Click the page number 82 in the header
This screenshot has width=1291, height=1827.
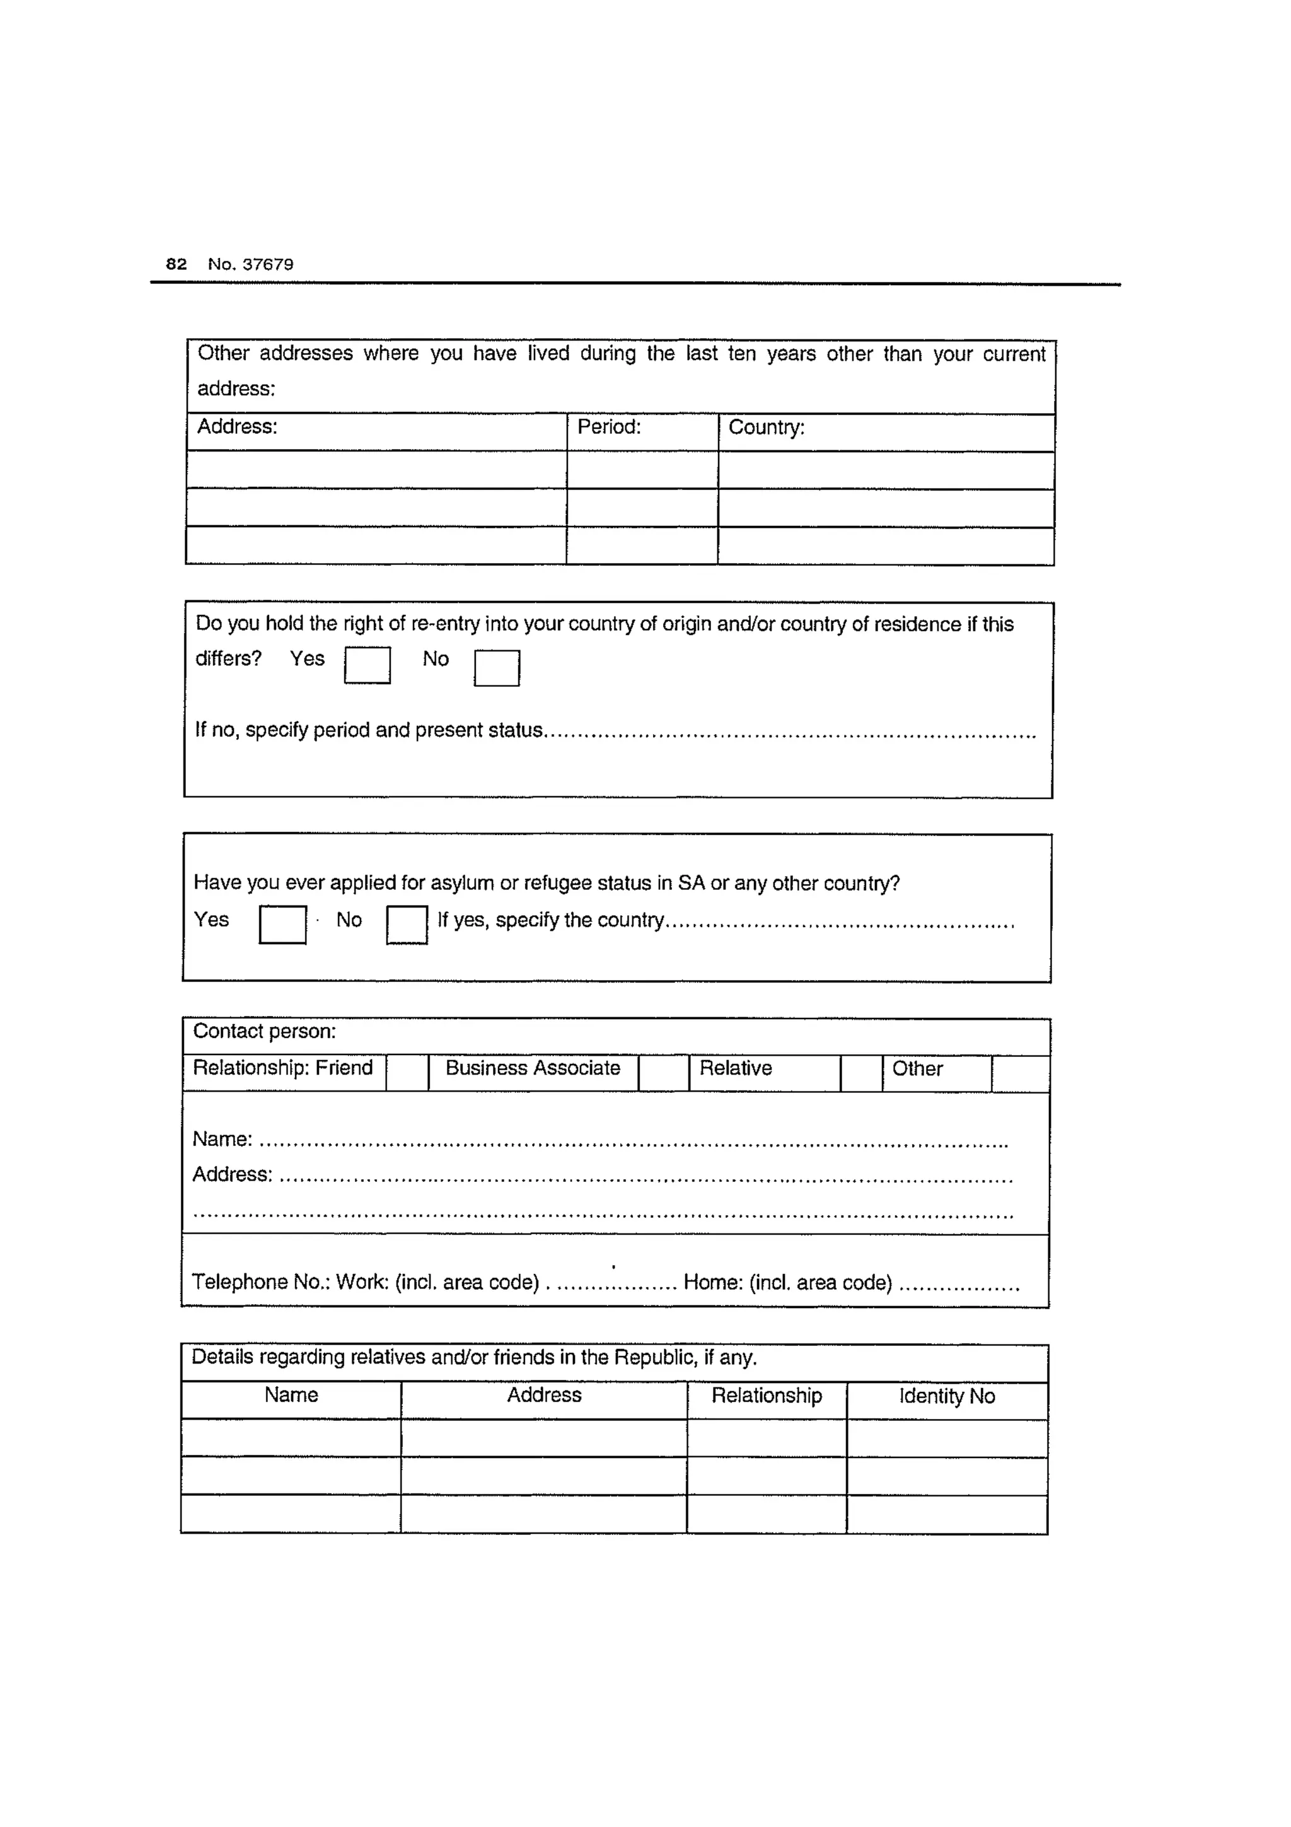coord(176,264)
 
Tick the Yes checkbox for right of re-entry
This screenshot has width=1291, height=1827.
coord(367,665)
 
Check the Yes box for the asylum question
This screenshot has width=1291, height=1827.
coord(282,925)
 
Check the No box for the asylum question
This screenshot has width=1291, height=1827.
coord(407,925)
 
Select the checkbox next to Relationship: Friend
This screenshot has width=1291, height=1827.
coord(407,1073)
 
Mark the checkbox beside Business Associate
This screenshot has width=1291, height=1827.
coord(663,1073)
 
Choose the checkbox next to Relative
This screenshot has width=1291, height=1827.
coord(862,1073)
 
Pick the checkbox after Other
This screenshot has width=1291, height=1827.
coord(1020,1074)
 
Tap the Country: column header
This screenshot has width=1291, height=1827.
coord(766,428)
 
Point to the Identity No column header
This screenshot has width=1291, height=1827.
coord(947,1396)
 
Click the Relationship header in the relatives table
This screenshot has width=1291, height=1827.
coord(766,1395)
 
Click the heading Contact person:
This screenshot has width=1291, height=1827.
coord(264,1031)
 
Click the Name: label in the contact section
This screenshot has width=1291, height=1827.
coord(222,1140)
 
